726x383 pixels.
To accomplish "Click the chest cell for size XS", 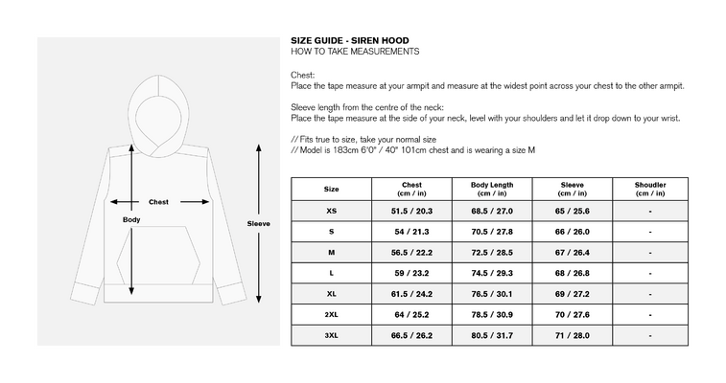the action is (x=411, y=212).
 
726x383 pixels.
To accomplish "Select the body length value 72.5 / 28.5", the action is (x=492, y=253).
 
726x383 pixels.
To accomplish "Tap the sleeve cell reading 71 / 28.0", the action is (x=572, y=335).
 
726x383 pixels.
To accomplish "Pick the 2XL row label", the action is (x=331, y=315).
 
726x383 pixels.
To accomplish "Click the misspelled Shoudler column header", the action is (x=650, y=189).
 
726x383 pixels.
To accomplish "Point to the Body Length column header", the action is (x=492, y=189).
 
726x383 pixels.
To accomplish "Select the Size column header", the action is (x=331, y=189).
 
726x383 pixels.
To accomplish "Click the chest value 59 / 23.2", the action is (x=411, y=273).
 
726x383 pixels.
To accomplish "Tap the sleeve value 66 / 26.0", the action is (x=572, y=232).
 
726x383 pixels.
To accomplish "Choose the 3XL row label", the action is (x=331, y=335).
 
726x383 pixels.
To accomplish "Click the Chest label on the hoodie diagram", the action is (x=158, y=202).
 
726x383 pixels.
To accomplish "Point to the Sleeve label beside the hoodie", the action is (x=258, y=224).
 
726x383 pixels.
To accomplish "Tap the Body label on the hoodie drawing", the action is (x=131, y=219).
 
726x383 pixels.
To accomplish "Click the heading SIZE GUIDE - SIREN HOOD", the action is (x=349, y=40).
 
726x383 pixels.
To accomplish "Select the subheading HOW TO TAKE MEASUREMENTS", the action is (x=355, y=52).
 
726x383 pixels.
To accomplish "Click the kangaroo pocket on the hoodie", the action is (x=158, y=255).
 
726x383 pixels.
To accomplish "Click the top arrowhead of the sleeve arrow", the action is (x=259, y=147).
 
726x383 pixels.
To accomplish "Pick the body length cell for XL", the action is (x=492, y=294).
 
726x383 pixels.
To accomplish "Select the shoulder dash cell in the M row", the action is (x=650, y=253).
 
